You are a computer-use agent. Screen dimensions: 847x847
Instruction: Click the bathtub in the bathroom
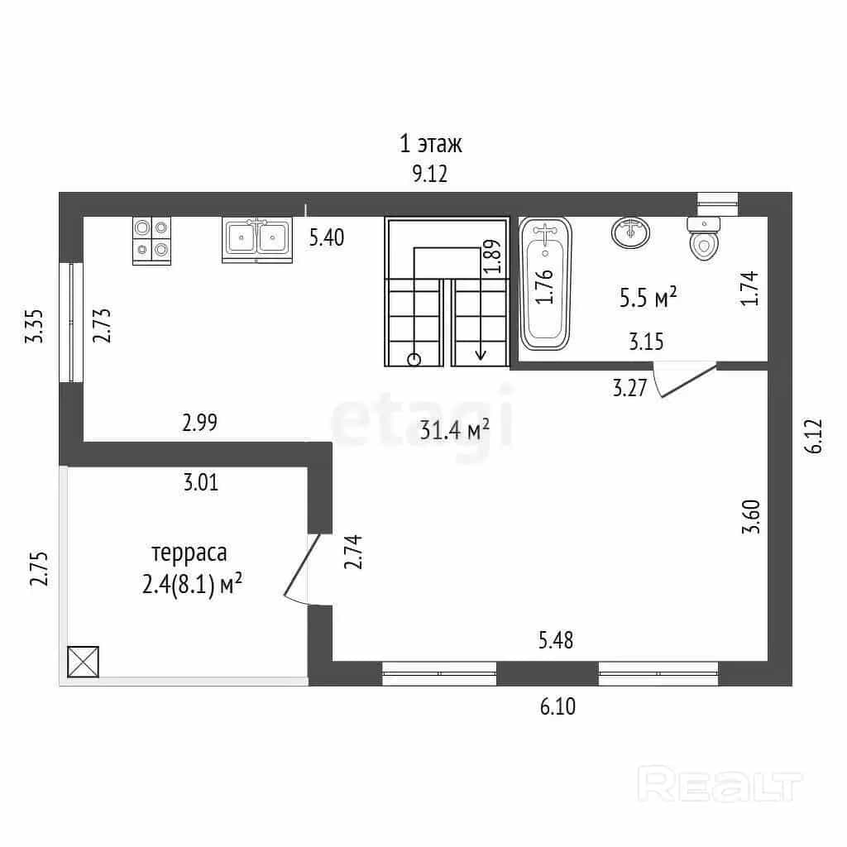(545, 284)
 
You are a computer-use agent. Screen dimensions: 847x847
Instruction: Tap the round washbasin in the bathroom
(630, 232)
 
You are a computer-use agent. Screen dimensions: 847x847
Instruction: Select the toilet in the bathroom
(704, 238)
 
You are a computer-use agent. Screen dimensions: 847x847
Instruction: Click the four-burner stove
(152, 241)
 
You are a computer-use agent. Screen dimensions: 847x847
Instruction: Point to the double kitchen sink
(257, 240)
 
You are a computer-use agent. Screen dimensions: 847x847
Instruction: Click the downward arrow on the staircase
(481, 304)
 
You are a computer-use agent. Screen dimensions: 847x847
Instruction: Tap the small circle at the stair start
(414, 359)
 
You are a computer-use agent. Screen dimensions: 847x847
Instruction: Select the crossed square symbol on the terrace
(84, 662)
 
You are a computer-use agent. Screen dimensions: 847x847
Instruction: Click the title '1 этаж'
(430, 144)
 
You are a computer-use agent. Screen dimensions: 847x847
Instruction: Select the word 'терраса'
(189, 553)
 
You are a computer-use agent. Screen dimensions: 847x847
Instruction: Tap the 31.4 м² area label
(455, 430)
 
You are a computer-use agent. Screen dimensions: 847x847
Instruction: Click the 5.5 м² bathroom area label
(648, 297)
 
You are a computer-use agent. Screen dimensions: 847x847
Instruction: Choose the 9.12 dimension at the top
(430, 174)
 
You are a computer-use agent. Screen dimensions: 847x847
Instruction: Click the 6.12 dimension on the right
(814, 435)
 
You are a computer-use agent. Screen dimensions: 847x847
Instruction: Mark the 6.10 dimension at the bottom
(558, 706)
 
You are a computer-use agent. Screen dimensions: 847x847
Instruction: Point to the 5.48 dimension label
(556, 640)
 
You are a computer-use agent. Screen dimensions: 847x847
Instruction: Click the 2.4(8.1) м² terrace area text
(192, 585)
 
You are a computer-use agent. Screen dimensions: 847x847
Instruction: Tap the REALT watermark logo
(720, 784)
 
